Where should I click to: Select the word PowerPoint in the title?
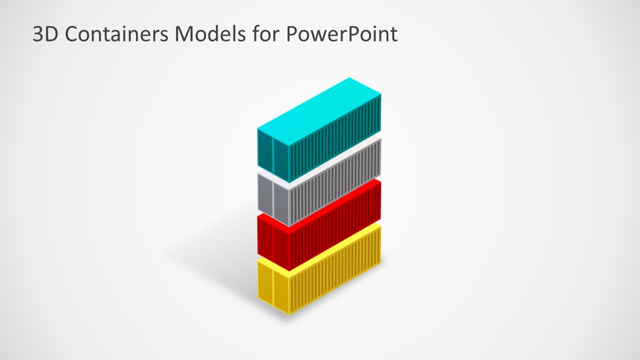coord(342,34)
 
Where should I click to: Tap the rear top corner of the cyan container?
coord(349,78)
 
